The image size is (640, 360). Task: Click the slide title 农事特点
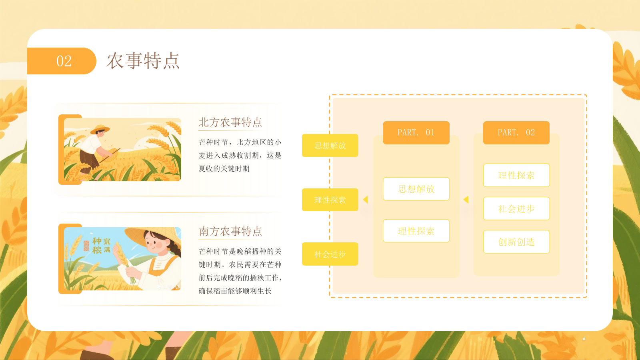(x=143, y=61)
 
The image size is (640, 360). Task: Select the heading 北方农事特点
(x=230, y=122)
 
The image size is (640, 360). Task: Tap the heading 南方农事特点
(x=230, y=231)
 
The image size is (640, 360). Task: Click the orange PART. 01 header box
(x=416, y=132)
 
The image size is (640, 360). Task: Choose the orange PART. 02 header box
(x=516, y=132)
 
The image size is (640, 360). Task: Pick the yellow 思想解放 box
(x=330, y=145)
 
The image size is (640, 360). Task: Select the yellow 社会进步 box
(x=330, y=254)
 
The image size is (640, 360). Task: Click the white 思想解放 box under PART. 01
(x=416, y=189)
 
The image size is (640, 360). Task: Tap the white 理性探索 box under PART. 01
(x=416, y=231)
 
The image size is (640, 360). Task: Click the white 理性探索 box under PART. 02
(x=516, y=175)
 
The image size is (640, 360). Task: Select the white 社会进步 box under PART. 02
(x=516, y=208)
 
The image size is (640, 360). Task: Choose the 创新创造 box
(x=516, y=242)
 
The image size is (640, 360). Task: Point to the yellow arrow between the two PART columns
(x=466, y=199)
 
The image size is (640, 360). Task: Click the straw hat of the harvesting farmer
(x=100, y=129)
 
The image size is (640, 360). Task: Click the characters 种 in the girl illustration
(x=97, y=241)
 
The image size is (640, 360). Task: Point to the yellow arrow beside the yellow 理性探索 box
(x=365, y=199)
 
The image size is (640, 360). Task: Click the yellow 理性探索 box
(x=330, y=200)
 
